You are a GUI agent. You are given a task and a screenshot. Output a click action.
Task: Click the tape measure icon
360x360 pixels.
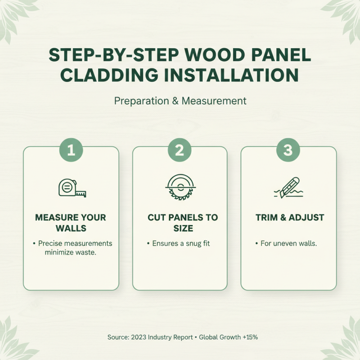click(72, 188)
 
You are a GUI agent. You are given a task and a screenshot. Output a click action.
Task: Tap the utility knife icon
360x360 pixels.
click(288, 188)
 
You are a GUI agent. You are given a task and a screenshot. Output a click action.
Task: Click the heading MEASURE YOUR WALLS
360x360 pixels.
click(71, 223)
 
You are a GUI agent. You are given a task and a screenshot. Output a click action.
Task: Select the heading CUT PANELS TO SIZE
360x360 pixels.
click(180, 223)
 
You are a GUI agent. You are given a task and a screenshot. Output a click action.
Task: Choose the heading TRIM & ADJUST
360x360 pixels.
click(289, 217)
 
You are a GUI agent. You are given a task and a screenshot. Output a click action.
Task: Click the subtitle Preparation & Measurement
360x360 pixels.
click(180, 101)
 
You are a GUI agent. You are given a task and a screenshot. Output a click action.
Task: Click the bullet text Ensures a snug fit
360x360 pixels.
click(181, 243)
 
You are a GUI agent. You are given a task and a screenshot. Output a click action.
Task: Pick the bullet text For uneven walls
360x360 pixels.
click(290, 243)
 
